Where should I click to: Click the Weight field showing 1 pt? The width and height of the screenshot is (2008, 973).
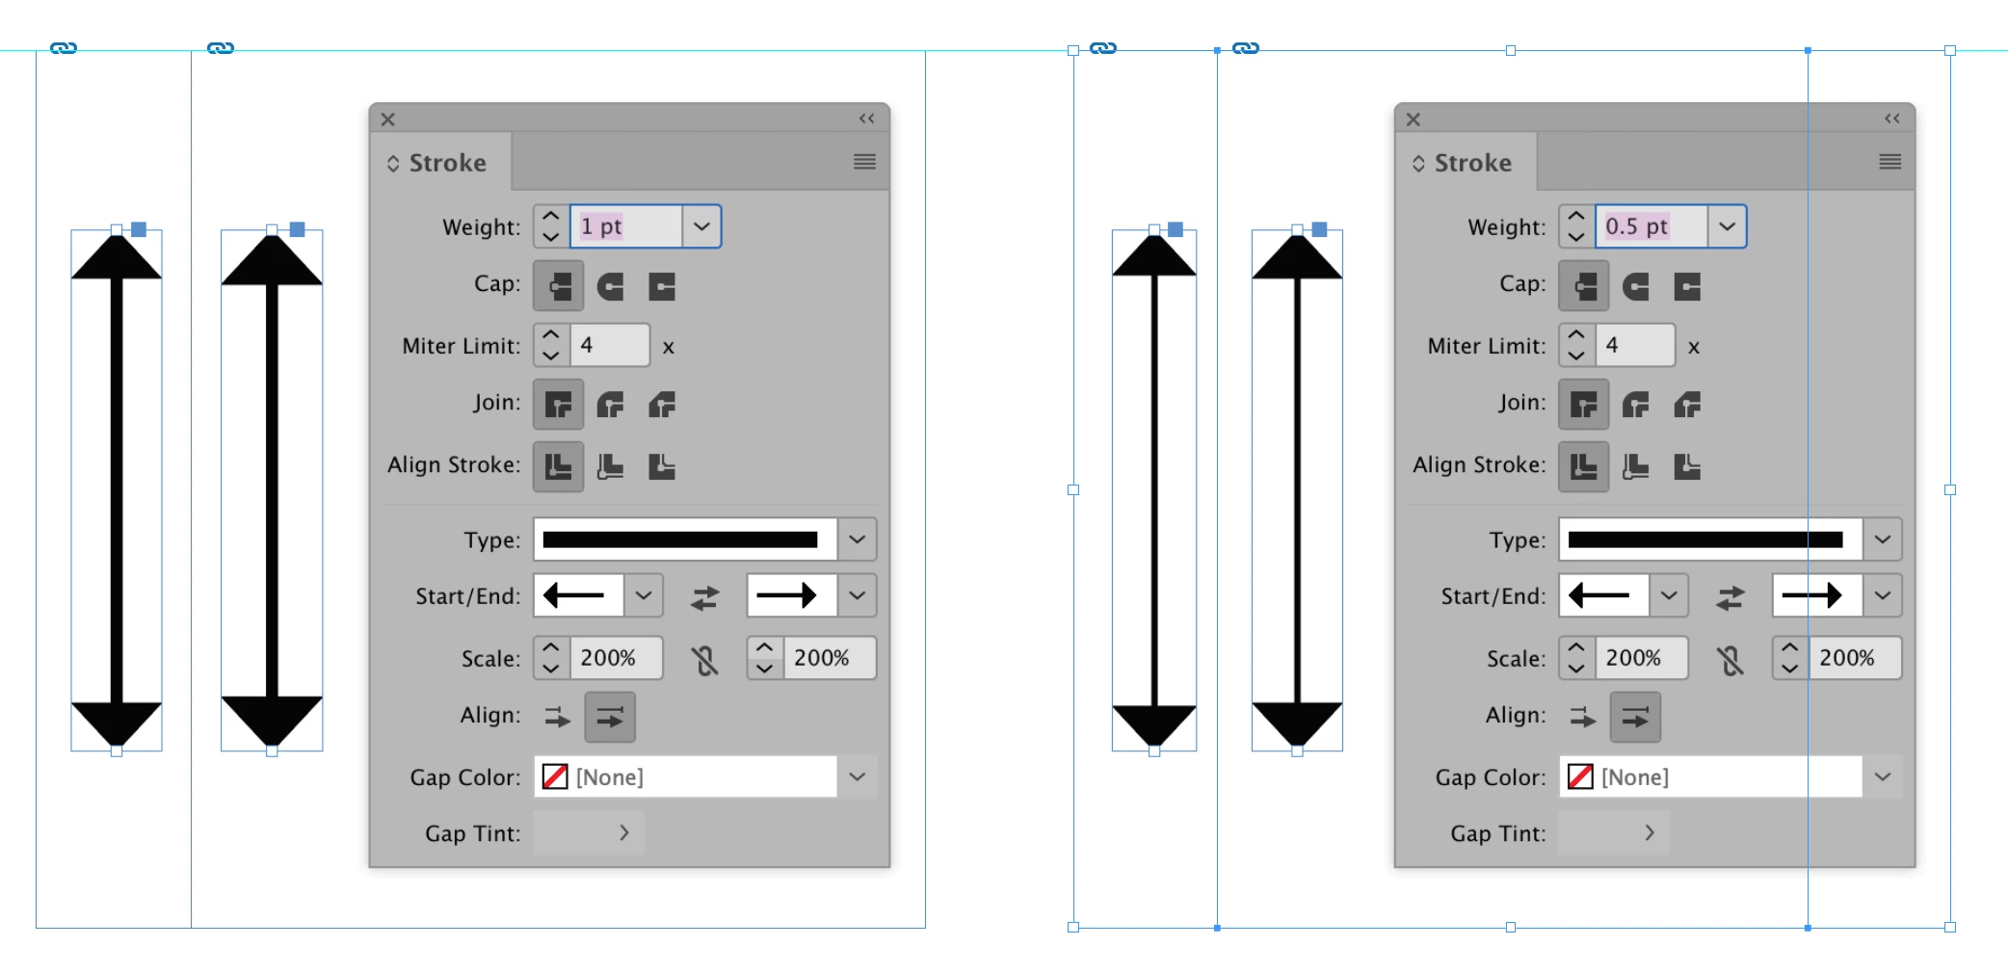[626, 226]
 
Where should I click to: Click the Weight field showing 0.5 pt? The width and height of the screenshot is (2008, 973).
[1651, 226]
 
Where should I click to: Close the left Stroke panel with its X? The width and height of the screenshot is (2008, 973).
[387, 119]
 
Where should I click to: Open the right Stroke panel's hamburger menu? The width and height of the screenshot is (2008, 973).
[1889, 162]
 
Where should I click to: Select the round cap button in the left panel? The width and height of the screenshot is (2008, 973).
[610, 286]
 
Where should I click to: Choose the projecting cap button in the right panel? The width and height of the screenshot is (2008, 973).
[1687, 286]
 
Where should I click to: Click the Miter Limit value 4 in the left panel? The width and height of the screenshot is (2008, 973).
[610, 345]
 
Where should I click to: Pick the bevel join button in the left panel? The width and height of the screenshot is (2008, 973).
[662, 405]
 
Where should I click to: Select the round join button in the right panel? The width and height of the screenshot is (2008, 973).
[1635, 405]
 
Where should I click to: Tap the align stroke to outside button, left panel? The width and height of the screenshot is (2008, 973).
[662, 467]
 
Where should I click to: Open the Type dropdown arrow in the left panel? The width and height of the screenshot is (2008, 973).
[858, 539]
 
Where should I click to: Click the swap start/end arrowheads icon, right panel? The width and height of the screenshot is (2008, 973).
[1730, 598]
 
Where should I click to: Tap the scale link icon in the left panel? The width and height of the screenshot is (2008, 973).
[705, 660]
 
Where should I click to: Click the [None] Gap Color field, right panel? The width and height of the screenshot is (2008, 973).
[1711, 776]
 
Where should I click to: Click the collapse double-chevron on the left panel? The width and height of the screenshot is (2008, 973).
[867, 118]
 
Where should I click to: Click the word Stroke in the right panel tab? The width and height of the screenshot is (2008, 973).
[1472, 163]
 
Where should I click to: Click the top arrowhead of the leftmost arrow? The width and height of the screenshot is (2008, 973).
[117, 257]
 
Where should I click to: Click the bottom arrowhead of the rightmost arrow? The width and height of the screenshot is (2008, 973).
[1297, 724]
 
